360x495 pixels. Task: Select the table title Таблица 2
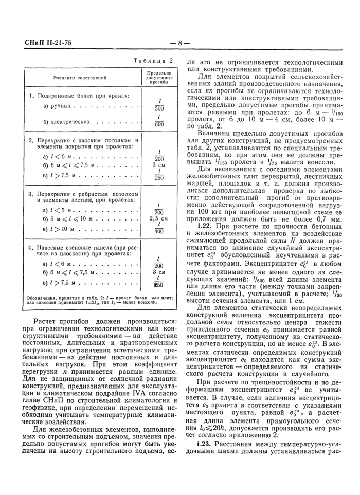pos(153,60)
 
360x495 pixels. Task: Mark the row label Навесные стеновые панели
pos(85,247)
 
